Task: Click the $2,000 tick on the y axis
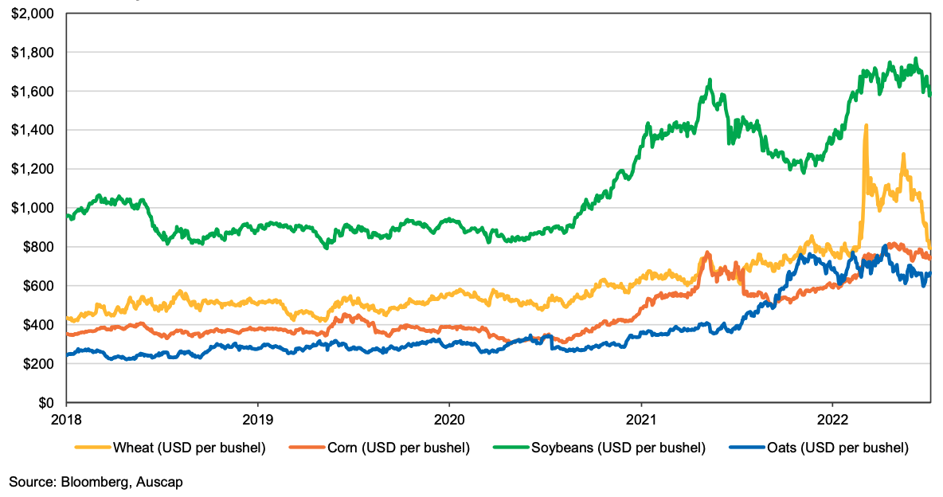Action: pos(33,14)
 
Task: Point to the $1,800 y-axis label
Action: pos(33,53)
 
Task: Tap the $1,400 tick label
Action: pos(33,130)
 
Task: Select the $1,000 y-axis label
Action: pos(33,208)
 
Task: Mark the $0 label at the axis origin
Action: pos(46,403)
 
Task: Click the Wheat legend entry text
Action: pos(189,448)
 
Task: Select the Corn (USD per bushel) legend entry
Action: pos(398,448)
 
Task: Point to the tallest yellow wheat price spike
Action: pos(866,126)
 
